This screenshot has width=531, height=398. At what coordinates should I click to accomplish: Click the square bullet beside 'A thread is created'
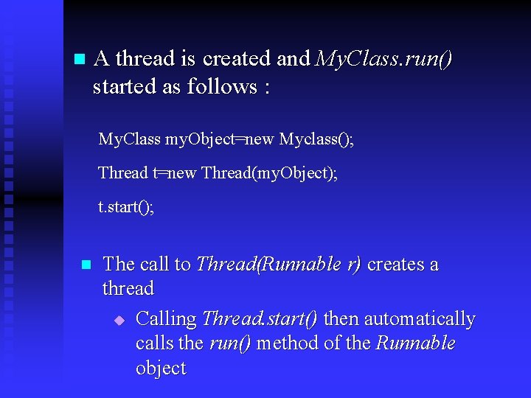(80, 59)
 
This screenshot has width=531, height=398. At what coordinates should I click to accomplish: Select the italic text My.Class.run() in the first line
(383, 58)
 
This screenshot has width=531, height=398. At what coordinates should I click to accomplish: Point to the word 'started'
(125, 86)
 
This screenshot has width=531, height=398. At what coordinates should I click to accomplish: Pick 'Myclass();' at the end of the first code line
(316, 139)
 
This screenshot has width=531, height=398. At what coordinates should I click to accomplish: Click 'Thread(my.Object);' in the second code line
(269, 173)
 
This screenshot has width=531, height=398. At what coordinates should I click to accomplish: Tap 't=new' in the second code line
(175, 173)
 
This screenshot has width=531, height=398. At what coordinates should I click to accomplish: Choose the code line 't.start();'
(126, 207)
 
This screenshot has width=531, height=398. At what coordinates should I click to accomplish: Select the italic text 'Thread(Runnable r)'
(279, 264)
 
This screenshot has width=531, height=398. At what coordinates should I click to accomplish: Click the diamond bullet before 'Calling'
(120, 320)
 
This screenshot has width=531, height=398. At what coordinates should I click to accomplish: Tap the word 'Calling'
(167, 319)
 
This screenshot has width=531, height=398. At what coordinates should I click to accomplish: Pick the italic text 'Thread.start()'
(260, 319)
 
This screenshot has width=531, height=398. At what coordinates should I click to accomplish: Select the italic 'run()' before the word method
(231, 343)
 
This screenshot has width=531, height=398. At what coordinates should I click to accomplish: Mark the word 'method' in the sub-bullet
(284, 343)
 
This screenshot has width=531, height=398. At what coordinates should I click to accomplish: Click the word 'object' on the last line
(161, 368)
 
